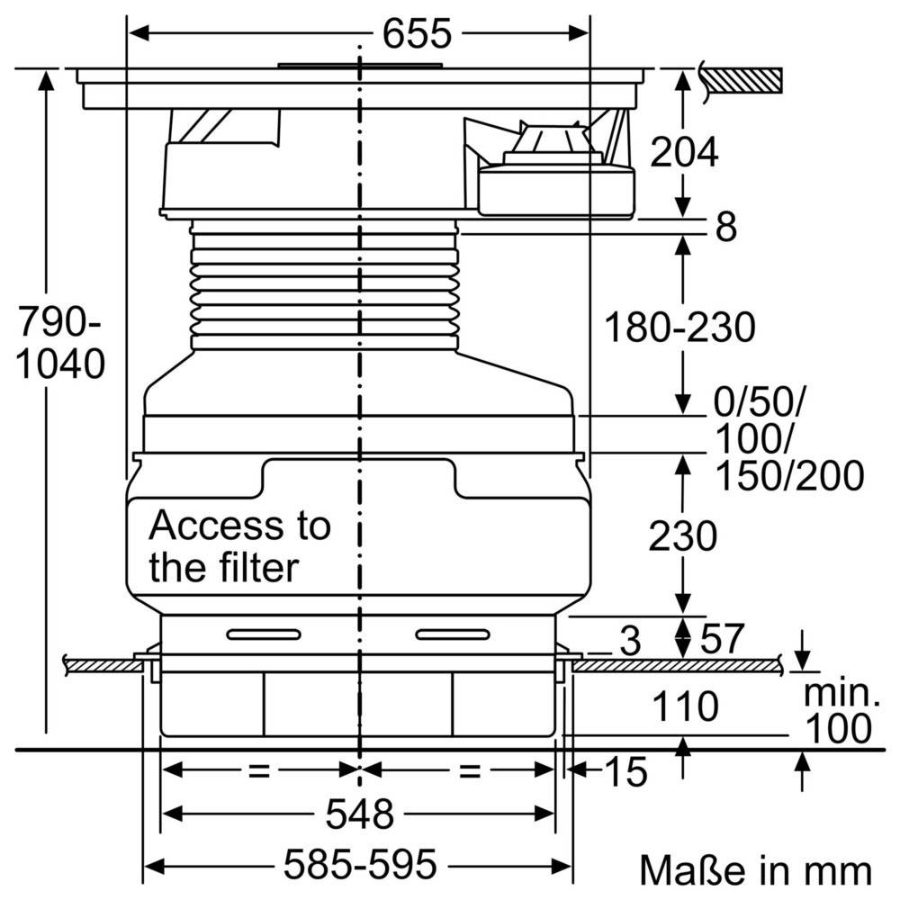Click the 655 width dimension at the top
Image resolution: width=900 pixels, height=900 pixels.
pos(415,34)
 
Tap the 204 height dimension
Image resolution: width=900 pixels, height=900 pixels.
pos(685,152)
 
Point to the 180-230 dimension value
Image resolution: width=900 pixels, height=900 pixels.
pos(679,328)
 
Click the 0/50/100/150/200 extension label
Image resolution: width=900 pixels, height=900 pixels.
pos(788,442)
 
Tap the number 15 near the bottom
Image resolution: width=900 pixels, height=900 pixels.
pos(625,771)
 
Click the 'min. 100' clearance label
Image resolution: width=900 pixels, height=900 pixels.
pos(838,711)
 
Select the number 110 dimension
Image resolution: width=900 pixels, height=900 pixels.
pos(683,707)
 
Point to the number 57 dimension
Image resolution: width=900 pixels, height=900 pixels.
pos(722,639)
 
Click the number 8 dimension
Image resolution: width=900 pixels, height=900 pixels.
pos(725,228)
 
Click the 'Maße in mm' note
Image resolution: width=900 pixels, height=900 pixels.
pos(755,870)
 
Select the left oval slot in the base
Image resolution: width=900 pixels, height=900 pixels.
pos(264,634)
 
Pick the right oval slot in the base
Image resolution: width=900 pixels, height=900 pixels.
pos(454,634)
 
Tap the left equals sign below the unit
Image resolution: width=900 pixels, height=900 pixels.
pos(260,770)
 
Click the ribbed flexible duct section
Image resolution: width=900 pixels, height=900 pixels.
pos(327,286)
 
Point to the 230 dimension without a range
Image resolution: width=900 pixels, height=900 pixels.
pos(685,536)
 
